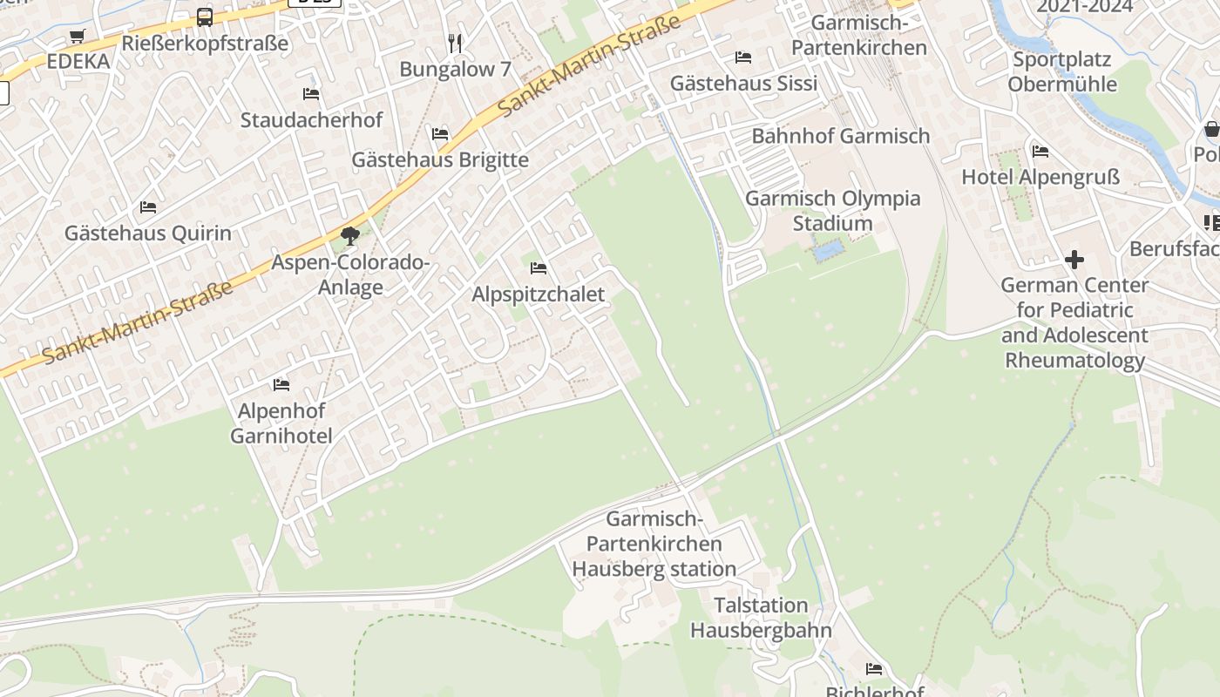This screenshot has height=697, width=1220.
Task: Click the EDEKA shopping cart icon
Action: click(77, 37)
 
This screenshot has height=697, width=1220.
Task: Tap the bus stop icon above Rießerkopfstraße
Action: click(205, 17)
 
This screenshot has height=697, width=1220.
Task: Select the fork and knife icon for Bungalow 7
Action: click(454, 42)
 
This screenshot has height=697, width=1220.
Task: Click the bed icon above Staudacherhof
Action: click(311, 94)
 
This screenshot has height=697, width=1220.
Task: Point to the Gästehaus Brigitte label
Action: click(440, 159)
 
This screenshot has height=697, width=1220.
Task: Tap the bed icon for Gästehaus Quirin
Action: click(148, 207)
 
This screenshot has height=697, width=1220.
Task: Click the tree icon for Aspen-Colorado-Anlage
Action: click(350, 235)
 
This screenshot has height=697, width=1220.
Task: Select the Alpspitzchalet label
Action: click(538, 294)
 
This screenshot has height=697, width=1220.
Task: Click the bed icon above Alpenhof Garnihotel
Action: click(281, 384)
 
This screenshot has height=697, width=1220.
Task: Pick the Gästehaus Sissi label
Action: click(743, 83)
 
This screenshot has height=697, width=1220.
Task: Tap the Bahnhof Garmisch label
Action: click(841, 136)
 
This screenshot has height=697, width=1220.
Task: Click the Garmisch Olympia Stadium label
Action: click(832, 210)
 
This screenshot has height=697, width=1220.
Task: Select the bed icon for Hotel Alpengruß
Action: click(1040, 152)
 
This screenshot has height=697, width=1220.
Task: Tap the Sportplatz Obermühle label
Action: click(1061, 71)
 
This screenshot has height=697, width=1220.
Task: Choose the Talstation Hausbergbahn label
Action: click(761, 617)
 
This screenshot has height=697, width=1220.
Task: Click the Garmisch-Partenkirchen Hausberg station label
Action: click(654, 544)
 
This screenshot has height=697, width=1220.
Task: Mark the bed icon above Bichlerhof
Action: click(874, 669)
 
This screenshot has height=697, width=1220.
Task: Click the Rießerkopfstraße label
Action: click(205, 43)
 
